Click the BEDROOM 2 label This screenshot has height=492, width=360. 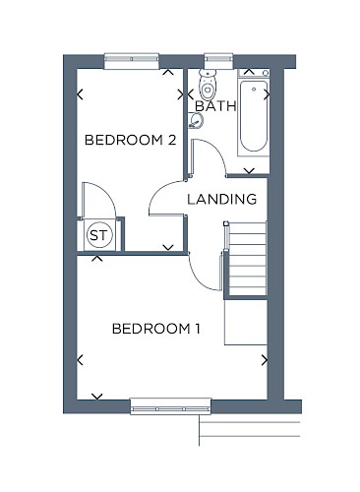[131, 140]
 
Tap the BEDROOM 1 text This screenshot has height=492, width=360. [156, 329]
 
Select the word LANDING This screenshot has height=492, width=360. [222, 199]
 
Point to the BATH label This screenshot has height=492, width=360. [215, 106]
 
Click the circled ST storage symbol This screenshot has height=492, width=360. [99, 235]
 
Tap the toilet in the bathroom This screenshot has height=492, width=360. [208, 85]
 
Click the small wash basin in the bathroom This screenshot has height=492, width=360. [196, 120]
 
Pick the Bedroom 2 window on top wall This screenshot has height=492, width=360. [132, 61]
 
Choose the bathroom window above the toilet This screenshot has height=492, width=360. [218, 61]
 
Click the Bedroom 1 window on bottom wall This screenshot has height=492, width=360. [170, 406]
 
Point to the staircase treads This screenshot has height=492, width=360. [247, 259]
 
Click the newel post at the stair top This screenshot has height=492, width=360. [226, 223]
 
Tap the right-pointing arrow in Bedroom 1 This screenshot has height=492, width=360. [265, 360]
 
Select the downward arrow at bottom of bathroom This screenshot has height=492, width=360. [250, 171]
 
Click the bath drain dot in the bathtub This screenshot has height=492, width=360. [254, 89]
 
